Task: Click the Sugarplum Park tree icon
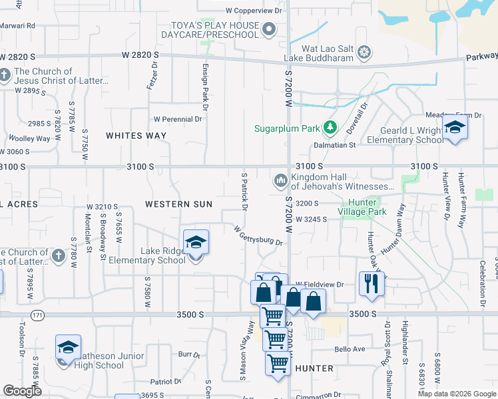pos(329,126)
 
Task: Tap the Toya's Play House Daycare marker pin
pos(269,29)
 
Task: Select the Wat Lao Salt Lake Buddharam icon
pos(364,51)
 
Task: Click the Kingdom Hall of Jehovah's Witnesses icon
pos(280,180)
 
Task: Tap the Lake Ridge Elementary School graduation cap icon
pos(196,243)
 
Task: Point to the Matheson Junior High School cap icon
pos(68,348)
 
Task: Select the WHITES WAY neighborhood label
pos(136,136)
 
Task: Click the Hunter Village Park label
pos(362,207)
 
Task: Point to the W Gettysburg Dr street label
pos(258,235)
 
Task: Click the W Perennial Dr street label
pos(177,120)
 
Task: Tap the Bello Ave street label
pos(350,349)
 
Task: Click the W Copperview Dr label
pos(254,11)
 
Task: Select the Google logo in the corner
pos(23,391)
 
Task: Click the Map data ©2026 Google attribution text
pos(455,394)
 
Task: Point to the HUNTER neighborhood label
pos(314,368)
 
